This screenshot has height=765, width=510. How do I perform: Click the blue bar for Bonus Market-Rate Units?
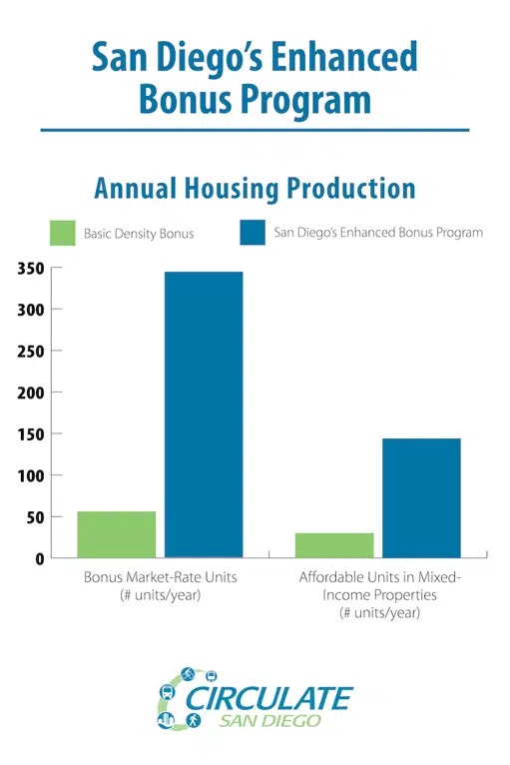[204, 414]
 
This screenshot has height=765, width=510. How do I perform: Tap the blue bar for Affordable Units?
[421, 497]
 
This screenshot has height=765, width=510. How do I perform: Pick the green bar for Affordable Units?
[334, 545]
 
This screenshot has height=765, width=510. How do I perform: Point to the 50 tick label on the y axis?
[34, 517]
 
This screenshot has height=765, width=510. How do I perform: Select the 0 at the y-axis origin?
[40, 558]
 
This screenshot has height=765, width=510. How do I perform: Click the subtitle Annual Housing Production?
[255, 188]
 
